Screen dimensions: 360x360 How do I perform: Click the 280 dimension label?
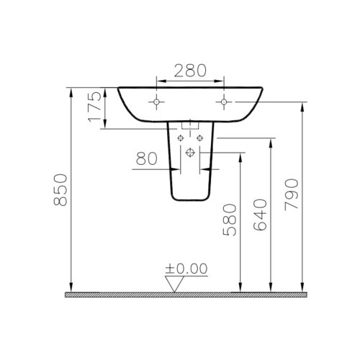coord(190,71)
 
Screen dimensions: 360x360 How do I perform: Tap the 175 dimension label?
coord(94,107)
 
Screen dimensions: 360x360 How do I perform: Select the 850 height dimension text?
coord(60,189)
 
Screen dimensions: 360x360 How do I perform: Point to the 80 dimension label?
coord(146,158)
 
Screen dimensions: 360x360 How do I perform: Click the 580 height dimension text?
coord(230,220)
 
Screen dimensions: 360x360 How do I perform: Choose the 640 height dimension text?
coord(260,215)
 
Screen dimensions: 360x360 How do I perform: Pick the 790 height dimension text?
coord(292,194)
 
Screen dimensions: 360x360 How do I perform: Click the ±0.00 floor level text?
coord(186,269)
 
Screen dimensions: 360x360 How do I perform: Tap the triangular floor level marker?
coord(174,284)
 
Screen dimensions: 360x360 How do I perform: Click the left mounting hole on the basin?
coord(156,102)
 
